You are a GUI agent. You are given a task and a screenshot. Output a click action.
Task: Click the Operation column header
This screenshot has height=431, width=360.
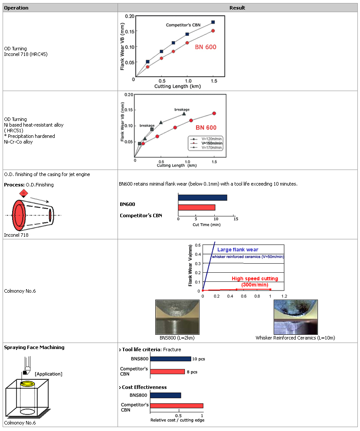tap(16, 8)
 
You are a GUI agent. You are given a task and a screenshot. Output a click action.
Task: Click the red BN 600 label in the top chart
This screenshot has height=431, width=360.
tap(205, 47)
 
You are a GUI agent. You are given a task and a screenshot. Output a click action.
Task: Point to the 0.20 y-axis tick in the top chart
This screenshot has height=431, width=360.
tap(129, 16)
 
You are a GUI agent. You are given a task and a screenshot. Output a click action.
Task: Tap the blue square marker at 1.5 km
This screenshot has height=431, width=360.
tap(213, 22)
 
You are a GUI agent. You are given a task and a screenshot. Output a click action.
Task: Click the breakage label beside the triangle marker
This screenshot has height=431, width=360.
tap(182, 109)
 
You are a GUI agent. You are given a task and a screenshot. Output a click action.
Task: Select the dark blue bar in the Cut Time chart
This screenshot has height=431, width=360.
tap(202, 198)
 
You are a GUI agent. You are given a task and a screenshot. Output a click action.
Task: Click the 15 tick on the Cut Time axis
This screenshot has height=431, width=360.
tap(236, 219)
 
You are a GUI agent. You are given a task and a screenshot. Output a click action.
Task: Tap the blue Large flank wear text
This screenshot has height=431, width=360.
tap(238, 249)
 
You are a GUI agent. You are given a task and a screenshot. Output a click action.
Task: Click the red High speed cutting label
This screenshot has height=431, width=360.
tap(255, 278)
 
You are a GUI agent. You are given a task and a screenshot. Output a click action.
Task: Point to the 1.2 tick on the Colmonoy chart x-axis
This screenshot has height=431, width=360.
tap(285, 296)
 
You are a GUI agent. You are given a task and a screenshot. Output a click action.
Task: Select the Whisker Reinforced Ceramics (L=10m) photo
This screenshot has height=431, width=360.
tap(295, 317)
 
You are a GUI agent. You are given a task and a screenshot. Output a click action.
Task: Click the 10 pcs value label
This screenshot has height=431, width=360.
tap(198, 359)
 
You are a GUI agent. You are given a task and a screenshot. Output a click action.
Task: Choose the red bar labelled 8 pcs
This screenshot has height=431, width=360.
tap(166, 372)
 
